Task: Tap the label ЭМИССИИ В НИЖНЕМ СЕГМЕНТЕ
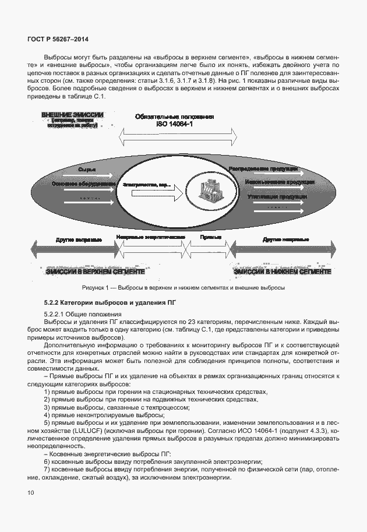[283, 272]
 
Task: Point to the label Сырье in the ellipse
[87, 169]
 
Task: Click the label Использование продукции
[268, 182]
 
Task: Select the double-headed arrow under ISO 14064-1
[178, 138]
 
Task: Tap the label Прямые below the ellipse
[210, 238]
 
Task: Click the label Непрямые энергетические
[150, 238]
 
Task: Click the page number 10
[30, 493]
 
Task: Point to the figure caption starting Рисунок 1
[183, 288]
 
